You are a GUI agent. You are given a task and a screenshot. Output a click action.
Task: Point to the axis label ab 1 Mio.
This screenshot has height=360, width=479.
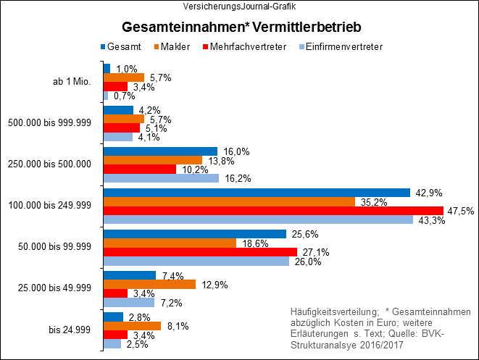(71, 82)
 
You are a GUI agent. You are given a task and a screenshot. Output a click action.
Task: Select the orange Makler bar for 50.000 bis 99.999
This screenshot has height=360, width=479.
(170, 243)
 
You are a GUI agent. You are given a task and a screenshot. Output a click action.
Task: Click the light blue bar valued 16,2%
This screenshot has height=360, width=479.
(161, 178)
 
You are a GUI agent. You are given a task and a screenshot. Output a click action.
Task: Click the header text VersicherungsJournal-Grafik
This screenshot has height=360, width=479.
(240, 6)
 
